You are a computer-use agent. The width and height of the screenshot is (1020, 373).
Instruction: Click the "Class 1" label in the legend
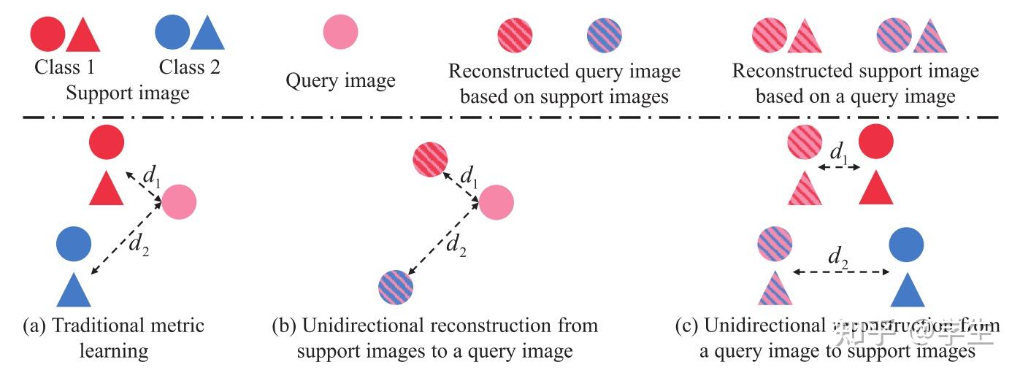tap(64, 68)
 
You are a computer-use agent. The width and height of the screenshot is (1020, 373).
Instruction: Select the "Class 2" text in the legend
tap(189, 68)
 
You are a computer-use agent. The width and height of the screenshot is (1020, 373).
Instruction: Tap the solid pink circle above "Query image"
tap(340, 33)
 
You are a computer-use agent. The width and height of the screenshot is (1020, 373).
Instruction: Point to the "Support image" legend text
tap(128, 93)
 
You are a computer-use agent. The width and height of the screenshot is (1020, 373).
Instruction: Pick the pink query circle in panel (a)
tap(179, 202)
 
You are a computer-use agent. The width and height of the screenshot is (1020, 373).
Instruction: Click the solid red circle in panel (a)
tap(107, 142)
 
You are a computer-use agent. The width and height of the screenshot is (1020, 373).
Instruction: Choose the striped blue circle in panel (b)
tap(396, 285)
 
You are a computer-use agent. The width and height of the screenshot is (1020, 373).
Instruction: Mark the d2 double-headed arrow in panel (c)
tap(841, 272)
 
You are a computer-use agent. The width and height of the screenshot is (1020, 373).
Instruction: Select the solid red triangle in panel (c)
tap(876, 189)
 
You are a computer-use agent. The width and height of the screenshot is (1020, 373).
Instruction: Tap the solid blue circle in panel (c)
tap(906, 245)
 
